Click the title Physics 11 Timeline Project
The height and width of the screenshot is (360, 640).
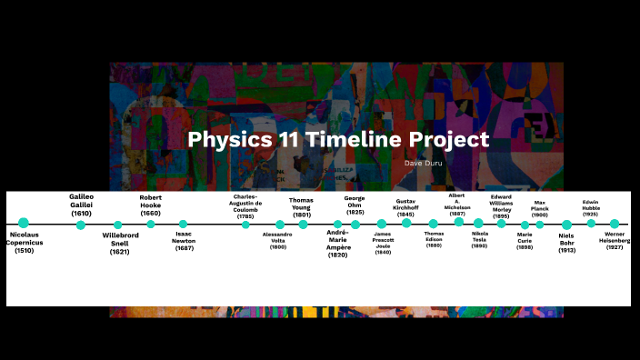coord(338,140)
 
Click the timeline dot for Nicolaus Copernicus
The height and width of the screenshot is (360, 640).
coord(24,223)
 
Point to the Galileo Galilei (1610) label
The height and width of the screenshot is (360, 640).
coord(81,205)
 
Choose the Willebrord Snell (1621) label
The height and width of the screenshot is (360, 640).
coord(120,243)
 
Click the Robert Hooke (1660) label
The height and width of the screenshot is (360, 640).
coord(151,205)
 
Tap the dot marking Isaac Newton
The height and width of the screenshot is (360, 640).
coord(183,224)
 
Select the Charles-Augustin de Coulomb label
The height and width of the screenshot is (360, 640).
coord(245,206)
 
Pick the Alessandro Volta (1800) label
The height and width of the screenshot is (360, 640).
coord(278,241)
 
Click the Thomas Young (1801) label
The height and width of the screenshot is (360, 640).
coord(302,206)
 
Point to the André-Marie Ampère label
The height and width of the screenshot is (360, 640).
coord(337,244)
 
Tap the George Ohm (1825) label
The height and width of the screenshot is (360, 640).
coord(355,205)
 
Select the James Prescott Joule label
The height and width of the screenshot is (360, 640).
coord(383,243)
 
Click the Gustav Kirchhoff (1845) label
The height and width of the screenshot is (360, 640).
coord(405,206)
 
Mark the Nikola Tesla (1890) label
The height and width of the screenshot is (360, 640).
coord(479,239)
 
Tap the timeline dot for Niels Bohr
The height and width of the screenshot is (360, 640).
coord(566,225)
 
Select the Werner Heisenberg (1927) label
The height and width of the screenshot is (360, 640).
coord(615,240)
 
